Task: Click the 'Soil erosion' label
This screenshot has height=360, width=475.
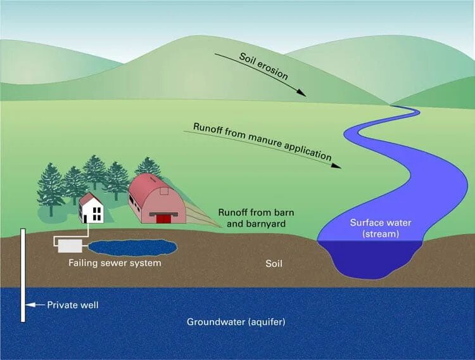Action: point(263,67)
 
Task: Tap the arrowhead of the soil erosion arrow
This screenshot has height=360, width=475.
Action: point(303,94)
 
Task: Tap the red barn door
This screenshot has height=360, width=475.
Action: point(164,219)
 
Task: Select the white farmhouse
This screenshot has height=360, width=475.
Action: point(92,210)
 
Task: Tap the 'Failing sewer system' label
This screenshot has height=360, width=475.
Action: point(115,262)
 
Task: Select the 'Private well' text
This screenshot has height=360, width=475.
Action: point(73,305)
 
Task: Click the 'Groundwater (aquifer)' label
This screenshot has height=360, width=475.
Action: point(236,321)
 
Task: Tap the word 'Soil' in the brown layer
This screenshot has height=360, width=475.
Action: point(274,262)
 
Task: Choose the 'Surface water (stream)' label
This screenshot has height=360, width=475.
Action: point(380,228)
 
